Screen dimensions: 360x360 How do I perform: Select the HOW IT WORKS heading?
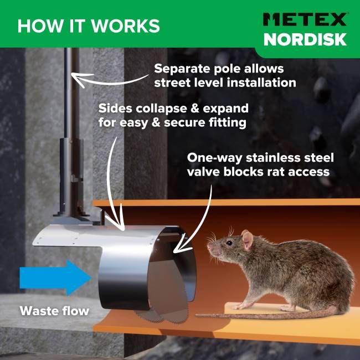(89, 25)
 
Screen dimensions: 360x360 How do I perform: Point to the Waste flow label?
(54, 311)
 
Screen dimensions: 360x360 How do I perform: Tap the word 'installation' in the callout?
(262, 83)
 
